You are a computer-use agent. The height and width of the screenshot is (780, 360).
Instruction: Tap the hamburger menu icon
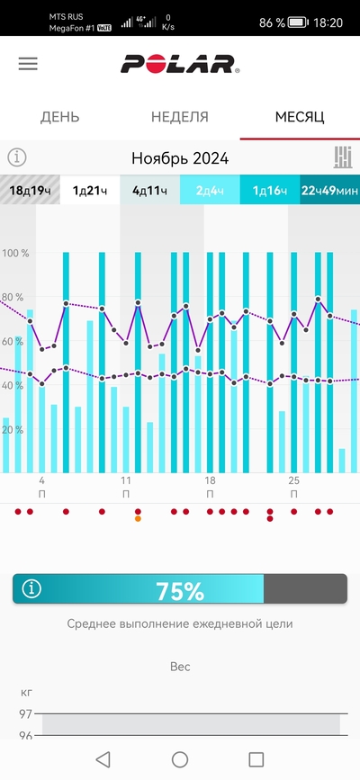coord(28,64)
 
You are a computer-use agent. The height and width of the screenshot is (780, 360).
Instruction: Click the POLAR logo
coord(180,64)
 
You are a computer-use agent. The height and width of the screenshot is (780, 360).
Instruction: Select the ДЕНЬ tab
coord(59,117)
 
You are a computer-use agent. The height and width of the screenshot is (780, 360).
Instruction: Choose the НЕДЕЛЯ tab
coord(180,117)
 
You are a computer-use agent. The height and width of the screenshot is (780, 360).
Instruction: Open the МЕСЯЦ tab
coord(300,117)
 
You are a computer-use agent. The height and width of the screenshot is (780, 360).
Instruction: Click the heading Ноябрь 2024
coord(180,158)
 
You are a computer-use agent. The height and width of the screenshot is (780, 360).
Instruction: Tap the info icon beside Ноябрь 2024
coord(17,157)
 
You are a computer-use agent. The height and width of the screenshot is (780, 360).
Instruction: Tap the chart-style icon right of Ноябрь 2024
coord(343,157)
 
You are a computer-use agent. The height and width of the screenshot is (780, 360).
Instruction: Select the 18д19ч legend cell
coord(30,190)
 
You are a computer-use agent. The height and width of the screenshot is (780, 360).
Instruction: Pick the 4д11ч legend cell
coord(150,190)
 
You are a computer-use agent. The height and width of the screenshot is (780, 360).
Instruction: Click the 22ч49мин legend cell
coord(329,190)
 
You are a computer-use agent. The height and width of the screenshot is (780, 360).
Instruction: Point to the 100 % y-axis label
coord(15,253)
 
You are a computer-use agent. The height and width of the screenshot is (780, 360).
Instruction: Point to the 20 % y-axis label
coord(13,429)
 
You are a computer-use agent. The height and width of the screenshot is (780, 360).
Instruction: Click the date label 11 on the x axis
coord(126,480)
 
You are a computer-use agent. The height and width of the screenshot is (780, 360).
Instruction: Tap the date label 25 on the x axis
coord(293,480)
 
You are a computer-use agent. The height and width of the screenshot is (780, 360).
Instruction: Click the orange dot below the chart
coord(138,519)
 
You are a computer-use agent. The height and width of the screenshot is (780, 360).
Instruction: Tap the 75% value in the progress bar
coord(180,591)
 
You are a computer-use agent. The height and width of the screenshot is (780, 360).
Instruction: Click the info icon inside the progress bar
coord(31,589)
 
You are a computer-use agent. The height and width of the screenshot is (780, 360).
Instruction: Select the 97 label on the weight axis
coord(25,714)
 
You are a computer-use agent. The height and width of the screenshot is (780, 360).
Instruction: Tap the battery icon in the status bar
coord(298,22)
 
